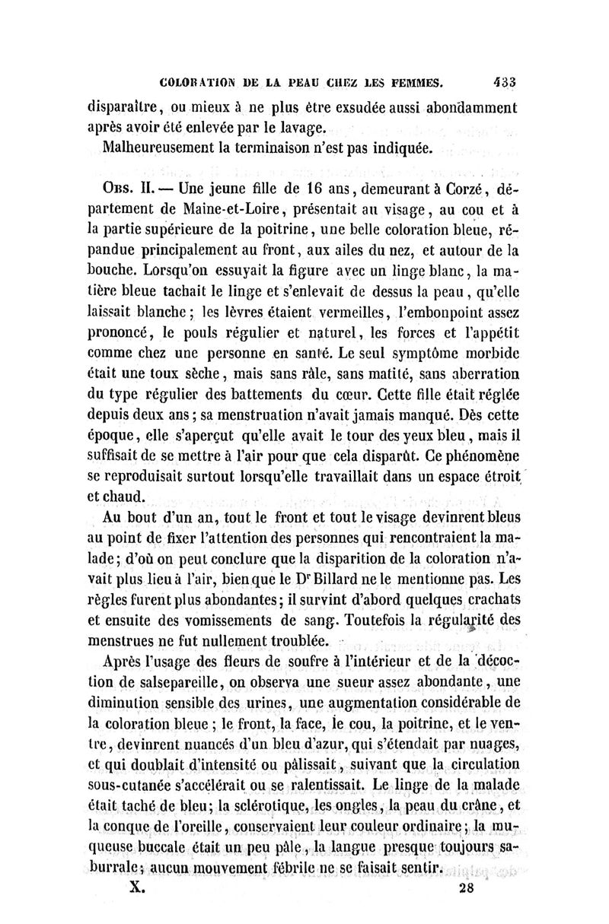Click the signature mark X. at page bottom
pos(136,890)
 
